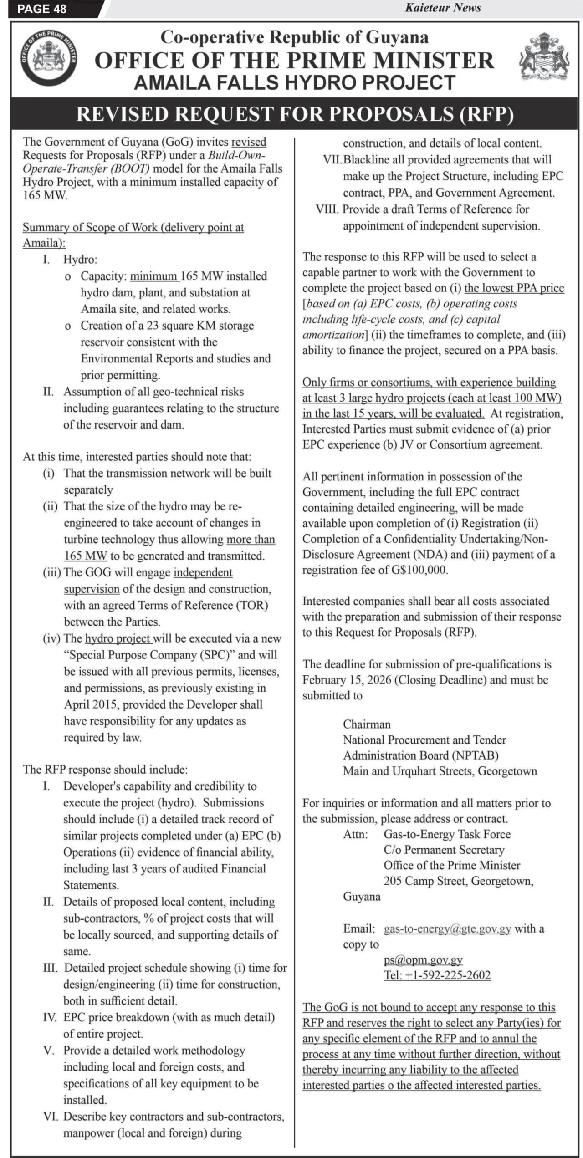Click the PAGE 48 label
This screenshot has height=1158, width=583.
tap(42, 9)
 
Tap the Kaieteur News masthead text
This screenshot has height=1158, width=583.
tap(443, 7)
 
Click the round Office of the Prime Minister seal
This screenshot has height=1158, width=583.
tap(49, 59)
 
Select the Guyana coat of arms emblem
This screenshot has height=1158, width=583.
tap(545, 57)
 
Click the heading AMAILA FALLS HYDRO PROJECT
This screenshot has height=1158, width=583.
tap(295, 83)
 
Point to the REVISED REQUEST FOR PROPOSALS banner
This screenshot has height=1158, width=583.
tap(295, 114)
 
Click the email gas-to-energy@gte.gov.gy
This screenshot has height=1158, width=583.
tap(447, 928)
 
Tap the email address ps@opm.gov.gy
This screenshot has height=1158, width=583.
tap(423, 959)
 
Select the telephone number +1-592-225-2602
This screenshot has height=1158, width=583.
tap(437, 975)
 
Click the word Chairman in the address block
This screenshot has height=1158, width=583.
tap(367, 724)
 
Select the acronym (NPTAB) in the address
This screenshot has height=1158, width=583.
tap(475, 755)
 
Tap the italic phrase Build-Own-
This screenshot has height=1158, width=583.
tap(237, 155)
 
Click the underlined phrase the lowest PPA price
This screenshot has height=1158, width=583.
tap(514, 288)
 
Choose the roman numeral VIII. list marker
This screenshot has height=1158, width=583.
tap(327, 209)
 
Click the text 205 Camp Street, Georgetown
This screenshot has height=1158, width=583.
tap(458, 881)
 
